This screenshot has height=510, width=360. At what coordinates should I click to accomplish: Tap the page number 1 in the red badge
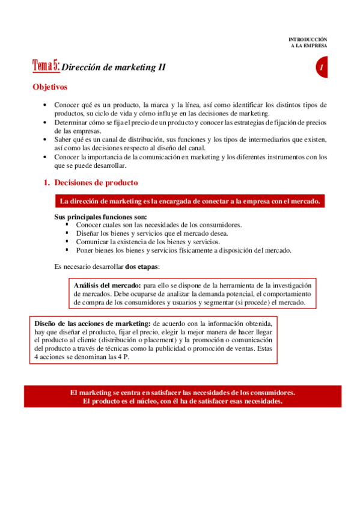point(323,68)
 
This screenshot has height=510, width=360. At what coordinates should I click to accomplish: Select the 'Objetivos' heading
point(50,87)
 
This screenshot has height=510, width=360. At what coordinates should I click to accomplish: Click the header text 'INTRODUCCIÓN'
point(308,39)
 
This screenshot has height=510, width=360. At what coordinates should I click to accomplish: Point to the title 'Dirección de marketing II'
point(114,67)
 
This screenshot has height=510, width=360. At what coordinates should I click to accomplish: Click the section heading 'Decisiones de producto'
point(96,182)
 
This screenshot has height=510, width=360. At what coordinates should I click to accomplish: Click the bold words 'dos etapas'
point(142,266)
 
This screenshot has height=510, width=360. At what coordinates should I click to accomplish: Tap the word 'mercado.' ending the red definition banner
point(305,201)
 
